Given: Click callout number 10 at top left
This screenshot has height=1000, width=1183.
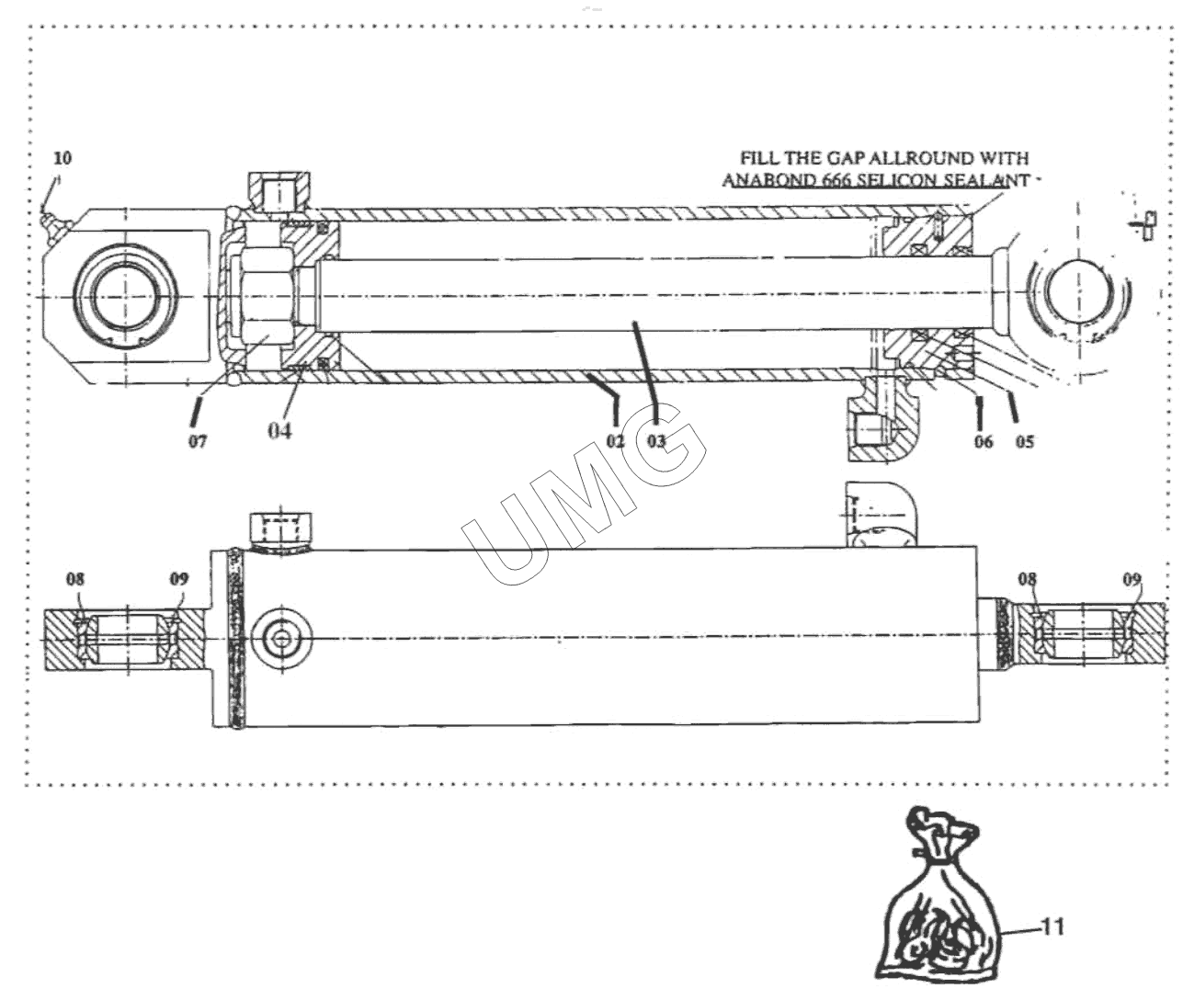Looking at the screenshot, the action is coord(63,157).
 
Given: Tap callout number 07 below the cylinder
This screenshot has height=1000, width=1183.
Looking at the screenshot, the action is coord(198,441).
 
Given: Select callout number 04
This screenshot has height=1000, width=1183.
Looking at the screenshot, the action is coord(279,430).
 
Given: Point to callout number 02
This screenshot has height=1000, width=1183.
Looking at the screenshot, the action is coord(615,441).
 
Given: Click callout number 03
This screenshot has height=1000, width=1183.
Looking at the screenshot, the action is coord(657,441).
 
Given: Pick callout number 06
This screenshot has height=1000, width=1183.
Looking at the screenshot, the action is coord(984,441).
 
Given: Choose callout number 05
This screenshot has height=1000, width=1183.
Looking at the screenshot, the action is coord(1025,441).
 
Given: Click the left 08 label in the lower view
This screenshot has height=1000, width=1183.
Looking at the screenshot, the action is coord(75,579).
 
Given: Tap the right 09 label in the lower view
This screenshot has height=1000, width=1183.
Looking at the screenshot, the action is coord(1132,579).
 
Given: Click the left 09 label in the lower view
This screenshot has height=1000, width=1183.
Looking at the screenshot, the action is coord(178,579).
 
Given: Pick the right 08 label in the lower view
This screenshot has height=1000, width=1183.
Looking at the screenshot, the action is coord(1028,579).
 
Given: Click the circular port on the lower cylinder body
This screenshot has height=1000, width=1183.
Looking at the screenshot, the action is coord(282,637).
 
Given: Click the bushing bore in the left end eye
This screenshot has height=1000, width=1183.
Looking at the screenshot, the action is coord(120,298).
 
